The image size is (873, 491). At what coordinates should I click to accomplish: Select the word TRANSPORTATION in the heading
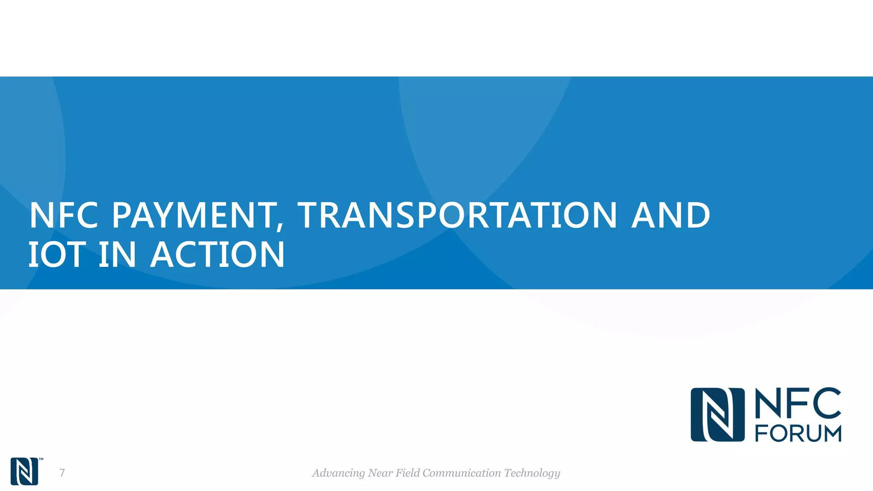(457, 215)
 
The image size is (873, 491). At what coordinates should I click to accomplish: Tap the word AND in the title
(671, 215)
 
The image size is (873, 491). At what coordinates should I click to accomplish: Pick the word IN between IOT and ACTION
(117, 254)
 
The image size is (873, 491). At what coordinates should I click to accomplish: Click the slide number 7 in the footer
(62, 473)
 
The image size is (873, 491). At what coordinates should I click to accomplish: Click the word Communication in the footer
(462, 473)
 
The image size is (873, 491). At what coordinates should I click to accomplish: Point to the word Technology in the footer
(532, 473)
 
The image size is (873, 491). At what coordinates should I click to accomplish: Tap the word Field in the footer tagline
(408, 473)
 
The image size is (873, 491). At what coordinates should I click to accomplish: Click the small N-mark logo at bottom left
(24, 471)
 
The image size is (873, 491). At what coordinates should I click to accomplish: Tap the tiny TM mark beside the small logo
(41, 459)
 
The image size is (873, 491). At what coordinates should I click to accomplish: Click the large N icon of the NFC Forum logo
(717, 415)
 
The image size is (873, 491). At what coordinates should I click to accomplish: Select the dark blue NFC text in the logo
(798, 403)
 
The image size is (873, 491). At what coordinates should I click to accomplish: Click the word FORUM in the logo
(798, 433)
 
